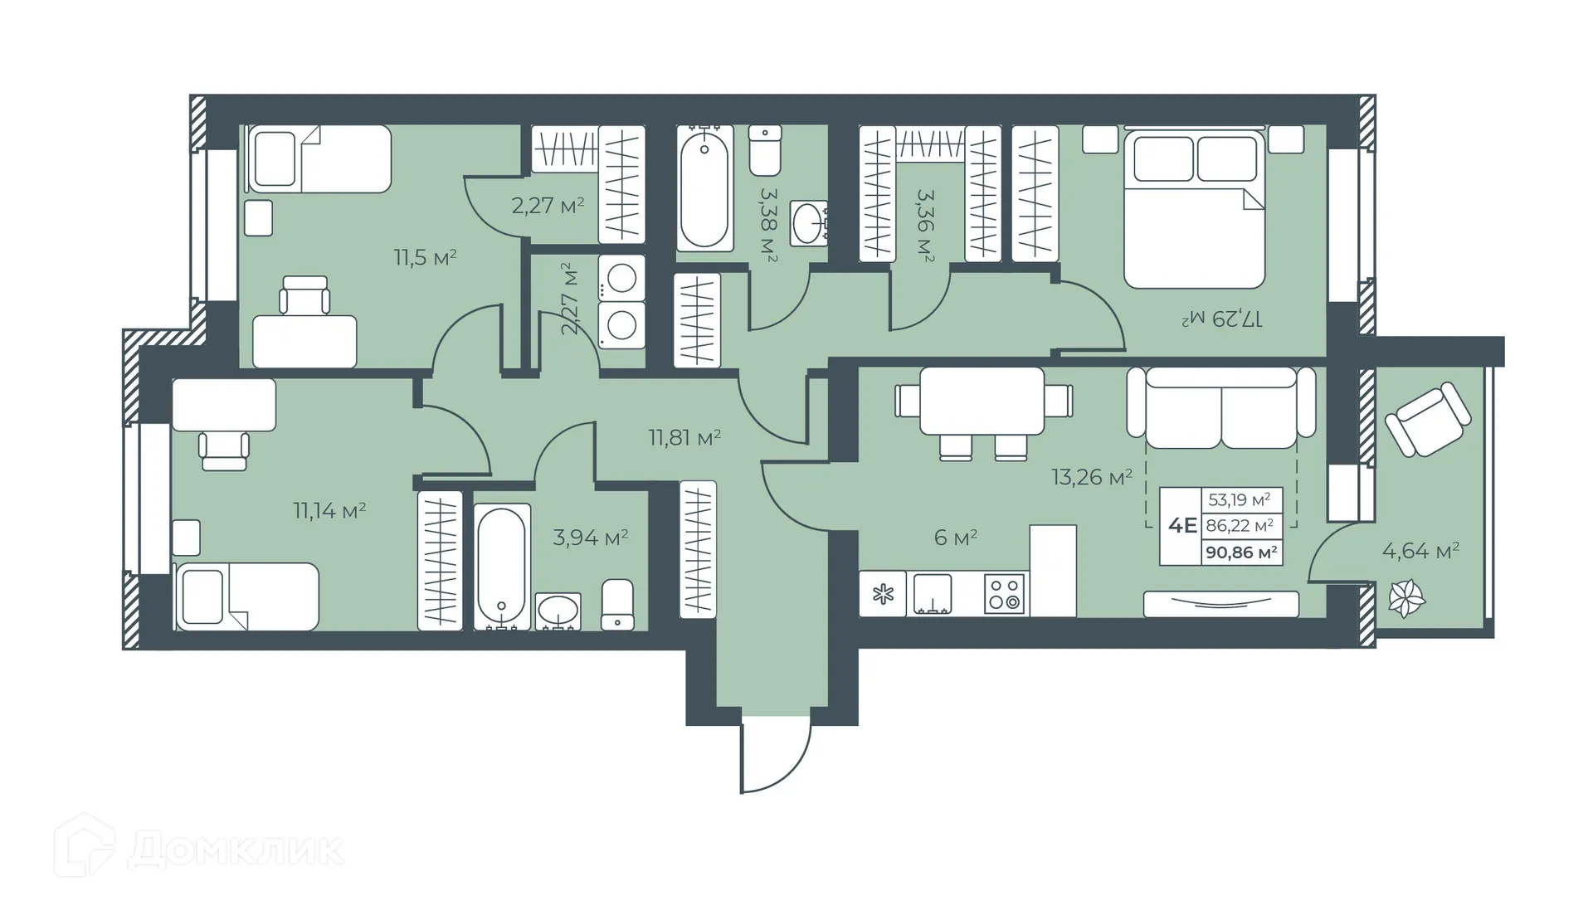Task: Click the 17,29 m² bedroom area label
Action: [1221, 318]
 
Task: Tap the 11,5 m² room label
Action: [425, 257]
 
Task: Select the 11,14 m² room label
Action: [329, 510]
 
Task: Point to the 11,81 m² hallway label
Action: [684, 437]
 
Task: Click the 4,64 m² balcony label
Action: [1420, 550]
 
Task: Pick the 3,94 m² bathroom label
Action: [590, 538]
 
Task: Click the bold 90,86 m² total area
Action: [1241, 552]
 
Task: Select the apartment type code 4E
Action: [1181, 525]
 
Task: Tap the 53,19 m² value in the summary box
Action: [1240, 499]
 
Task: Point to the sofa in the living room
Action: [1220, 407]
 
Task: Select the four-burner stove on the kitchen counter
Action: [1004, 594]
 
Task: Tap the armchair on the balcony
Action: [1428, 418]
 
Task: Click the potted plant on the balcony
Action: [1405, 597]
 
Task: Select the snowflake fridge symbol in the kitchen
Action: [883, 594]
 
